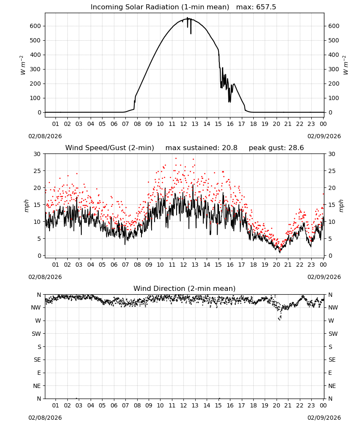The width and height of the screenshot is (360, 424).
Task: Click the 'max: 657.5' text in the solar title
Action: coord(256,7)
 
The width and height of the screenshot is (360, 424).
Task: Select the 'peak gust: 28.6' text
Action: coord(276,148)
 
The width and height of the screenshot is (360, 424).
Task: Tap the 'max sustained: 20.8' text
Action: coord(202,148)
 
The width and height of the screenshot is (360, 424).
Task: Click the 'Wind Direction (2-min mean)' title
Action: coord(185,288)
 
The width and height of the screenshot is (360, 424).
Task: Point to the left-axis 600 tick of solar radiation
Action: coord(36,26)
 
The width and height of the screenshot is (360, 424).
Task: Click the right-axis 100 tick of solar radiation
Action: coord(334,98)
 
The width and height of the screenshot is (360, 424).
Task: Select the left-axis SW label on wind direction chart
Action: coord(36,334)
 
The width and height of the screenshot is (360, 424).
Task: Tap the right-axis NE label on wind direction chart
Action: coord(332,386)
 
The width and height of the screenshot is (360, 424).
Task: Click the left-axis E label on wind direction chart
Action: coord(39,373)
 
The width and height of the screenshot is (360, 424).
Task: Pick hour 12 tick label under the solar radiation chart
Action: coord(183,124)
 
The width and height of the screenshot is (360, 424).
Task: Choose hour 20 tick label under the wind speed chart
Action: coord(276,265)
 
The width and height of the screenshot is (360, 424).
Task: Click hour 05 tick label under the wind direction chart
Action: coord(102,405)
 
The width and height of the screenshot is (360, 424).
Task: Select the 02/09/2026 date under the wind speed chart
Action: coord(324,277)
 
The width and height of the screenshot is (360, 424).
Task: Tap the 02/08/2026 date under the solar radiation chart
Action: coord(45,136)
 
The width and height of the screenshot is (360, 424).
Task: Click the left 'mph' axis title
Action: coord(26,206)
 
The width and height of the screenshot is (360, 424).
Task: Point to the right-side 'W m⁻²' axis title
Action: coord(346,65)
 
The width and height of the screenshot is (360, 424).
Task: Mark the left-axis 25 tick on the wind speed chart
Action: coord(38,171)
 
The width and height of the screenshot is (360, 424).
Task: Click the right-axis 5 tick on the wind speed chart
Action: coord(330,239)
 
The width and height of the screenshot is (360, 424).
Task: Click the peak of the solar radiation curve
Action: coord(187,18)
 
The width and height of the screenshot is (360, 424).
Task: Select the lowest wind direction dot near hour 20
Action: coord(280,320)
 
